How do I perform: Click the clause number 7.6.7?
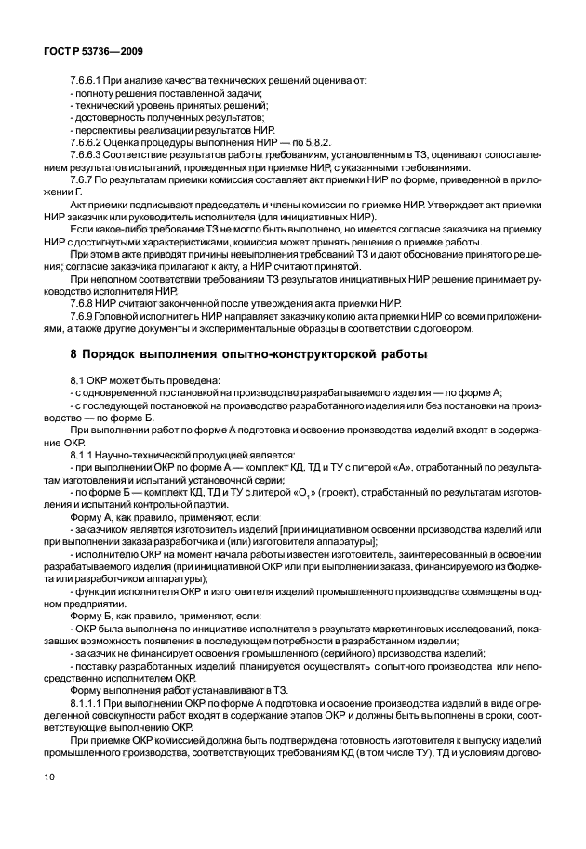83,179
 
